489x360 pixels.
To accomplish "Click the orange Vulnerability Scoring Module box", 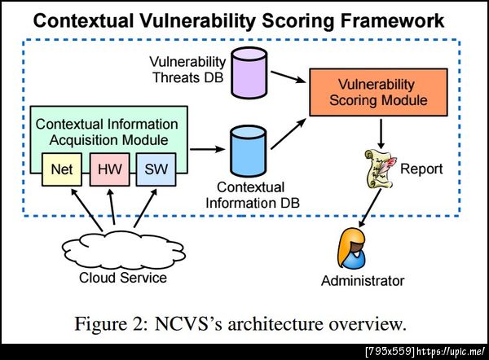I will (x=378, y=91).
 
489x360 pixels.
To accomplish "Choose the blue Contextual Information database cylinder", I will (x=250, y=147).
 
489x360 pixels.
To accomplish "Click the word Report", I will (x=421, y=169).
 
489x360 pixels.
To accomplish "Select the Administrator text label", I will (x=362, y=281).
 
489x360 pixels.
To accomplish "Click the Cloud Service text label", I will (x=122, y=278).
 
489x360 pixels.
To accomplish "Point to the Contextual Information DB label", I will (x=250, y=195).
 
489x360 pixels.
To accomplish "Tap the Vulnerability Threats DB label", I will (x=188, y=70).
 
